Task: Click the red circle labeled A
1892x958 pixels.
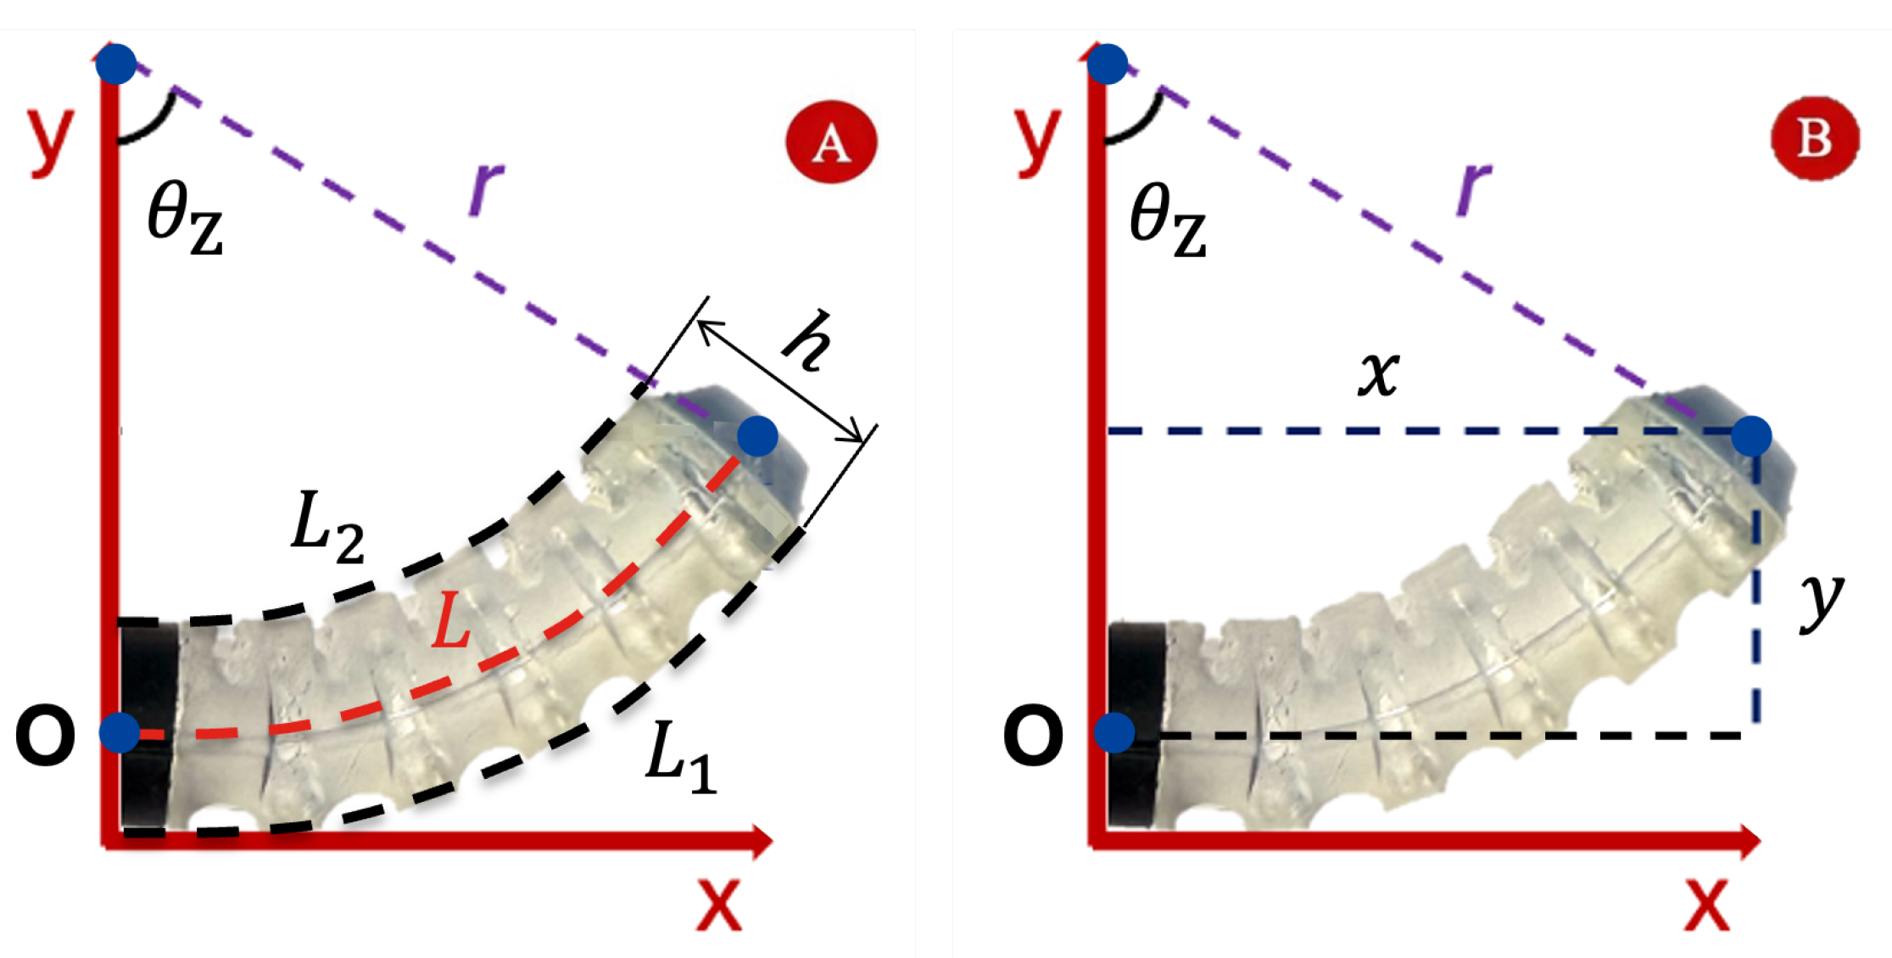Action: tap(831, 142)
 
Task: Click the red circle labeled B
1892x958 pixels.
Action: tap(1815, 137)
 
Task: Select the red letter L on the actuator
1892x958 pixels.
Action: tap(450, 621)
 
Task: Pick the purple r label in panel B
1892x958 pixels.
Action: tap(1473, 187)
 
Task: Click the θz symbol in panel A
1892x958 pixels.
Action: tap(185, 219)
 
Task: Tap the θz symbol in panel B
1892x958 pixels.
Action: tap(1168, 219)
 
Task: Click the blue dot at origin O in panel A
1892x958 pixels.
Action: tap(120, 732)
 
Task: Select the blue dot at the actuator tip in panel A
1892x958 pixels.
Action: tap(757, 436)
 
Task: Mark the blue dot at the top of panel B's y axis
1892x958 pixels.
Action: tap(1108, 64)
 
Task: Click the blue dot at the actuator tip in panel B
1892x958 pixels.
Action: tap(1751, 436)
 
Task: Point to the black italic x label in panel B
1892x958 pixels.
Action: tap(1378, 373)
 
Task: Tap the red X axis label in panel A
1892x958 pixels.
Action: tap(719, 905)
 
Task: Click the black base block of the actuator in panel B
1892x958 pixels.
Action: tap(1136, 726)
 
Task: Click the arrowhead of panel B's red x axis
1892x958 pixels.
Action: tap(1749, 841)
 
